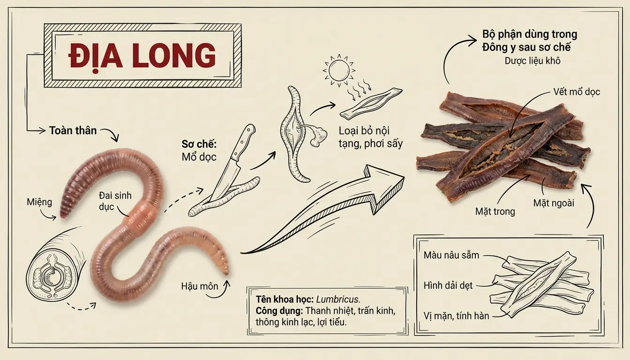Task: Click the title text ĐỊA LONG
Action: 142,56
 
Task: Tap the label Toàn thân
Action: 73,130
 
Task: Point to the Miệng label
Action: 39,202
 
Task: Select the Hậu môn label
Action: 200,285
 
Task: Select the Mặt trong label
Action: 494,211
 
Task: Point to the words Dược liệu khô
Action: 532,60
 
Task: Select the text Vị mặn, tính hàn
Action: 456,315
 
